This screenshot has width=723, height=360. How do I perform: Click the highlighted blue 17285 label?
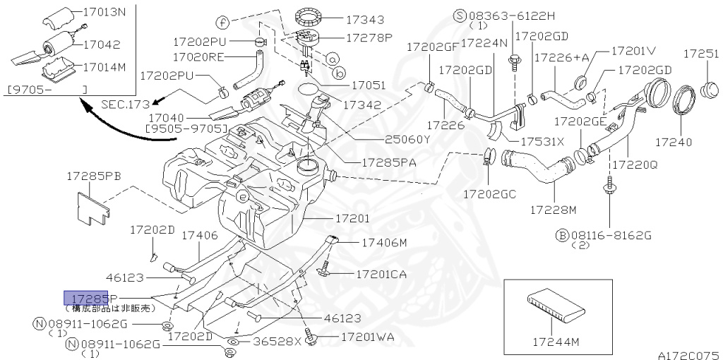point(85,298)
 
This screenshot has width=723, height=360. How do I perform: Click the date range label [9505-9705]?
point(185,130)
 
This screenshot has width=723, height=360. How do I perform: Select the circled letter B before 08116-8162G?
point(563,234)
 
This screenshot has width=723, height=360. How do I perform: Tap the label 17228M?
point(553,210)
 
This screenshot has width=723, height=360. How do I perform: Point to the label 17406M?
point(384,243)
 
